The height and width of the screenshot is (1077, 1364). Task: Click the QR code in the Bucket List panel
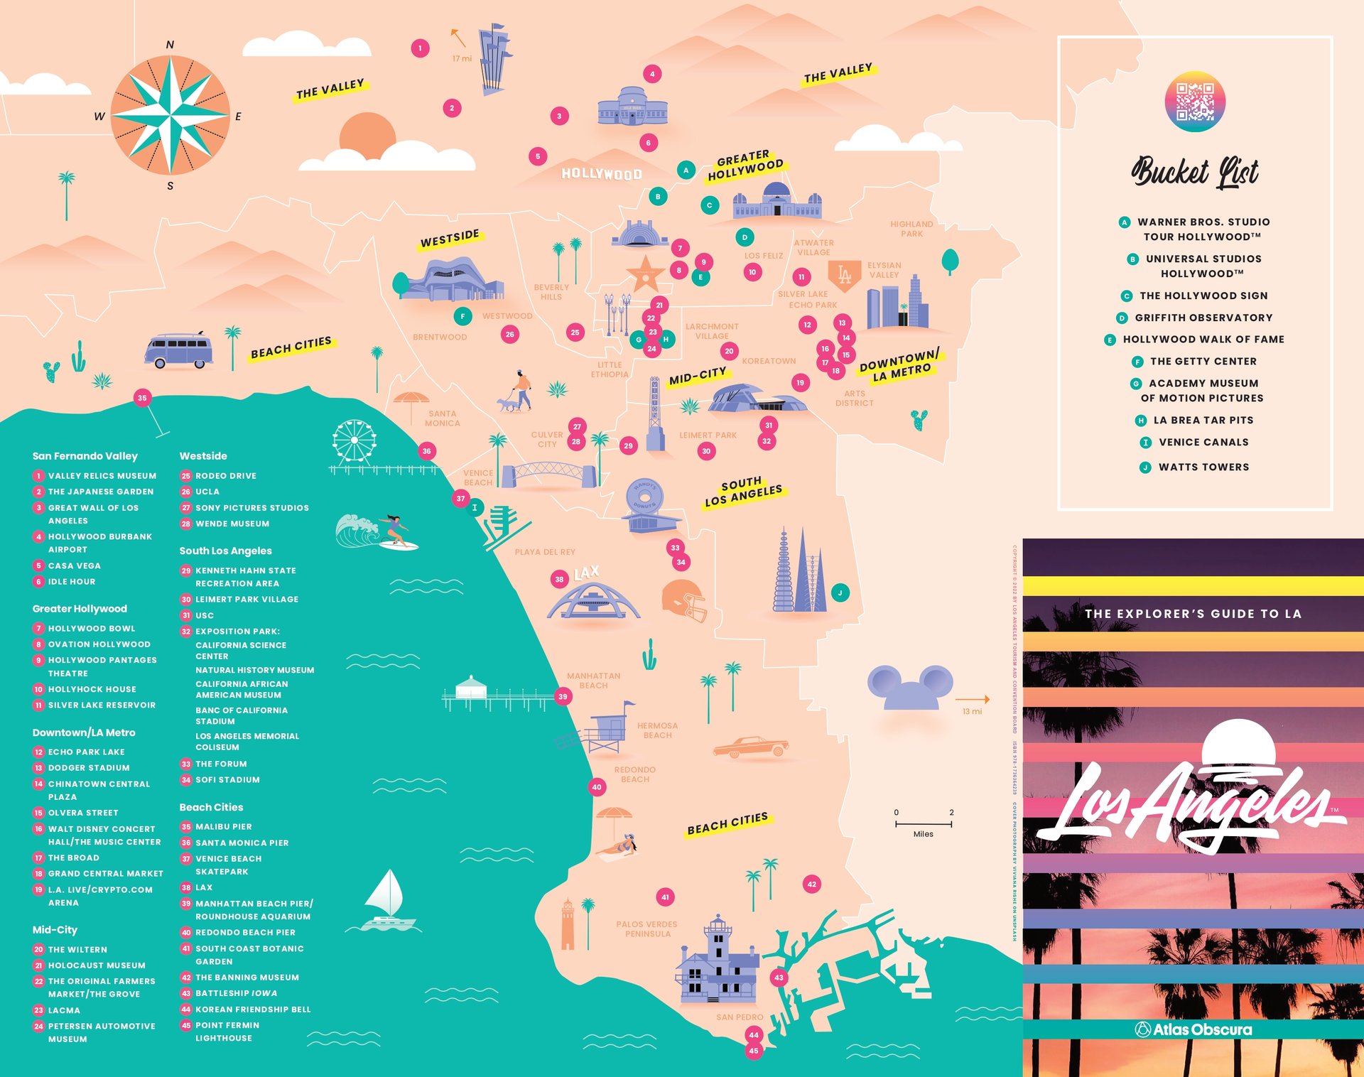(x=1195, y=102)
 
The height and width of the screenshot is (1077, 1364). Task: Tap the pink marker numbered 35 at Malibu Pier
(x=142, y=398)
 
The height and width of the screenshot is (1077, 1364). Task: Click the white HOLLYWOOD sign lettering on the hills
(x=601, y=174)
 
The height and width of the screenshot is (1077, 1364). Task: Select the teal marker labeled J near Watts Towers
(x=840, y=592)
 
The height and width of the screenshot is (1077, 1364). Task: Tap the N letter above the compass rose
(x=170, y=45)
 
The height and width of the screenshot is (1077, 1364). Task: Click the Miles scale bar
(x=923, y=824)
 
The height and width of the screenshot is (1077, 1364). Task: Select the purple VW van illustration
(x=178, y=350)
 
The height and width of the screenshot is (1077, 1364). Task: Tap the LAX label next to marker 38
(x=587, y=573)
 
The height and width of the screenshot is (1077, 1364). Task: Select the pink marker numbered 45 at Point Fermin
(x=753, y=1051)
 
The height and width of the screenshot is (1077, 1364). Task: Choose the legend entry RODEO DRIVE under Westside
(x=225, y=476)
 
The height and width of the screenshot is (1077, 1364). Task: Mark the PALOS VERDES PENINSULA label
(x=646, y=929)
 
